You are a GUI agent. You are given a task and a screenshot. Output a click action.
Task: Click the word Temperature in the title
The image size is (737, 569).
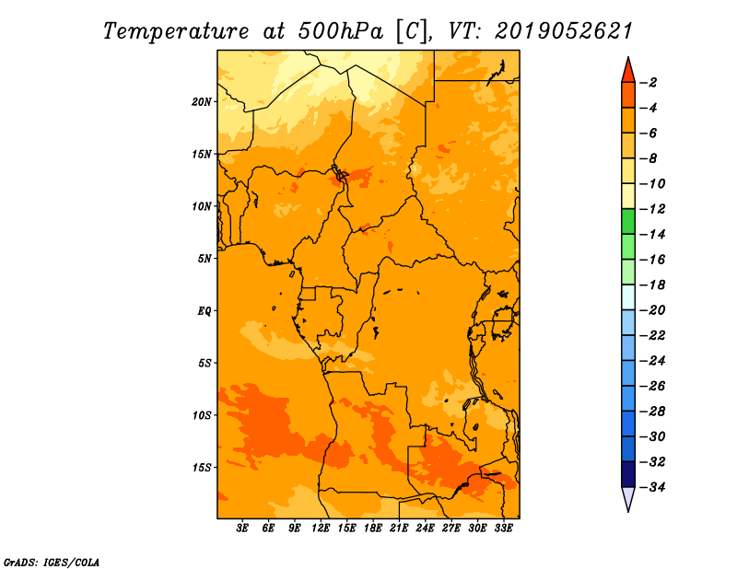[176, 31]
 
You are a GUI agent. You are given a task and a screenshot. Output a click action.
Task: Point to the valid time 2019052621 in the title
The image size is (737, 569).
[564, 31]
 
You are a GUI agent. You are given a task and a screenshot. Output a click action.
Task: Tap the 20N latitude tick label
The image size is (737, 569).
[202, 102]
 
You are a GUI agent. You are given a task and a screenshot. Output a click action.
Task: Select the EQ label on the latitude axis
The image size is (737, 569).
[205, 311]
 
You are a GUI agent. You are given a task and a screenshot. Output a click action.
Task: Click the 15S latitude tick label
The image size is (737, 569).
[202, 468]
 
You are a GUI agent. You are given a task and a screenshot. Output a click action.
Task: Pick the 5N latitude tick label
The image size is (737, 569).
[205, 259]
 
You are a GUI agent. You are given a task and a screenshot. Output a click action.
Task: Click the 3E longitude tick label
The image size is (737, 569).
[242, 528]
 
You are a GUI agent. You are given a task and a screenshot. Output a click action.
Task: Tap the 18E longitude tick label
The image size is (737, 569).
[373, 528]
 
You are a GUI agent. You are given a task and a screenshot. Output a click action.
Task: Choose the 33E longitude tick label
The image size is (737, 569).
[503, 528]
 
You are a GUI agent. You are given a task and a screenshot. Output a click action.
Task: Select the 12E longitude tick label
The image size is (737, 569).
[321, 528]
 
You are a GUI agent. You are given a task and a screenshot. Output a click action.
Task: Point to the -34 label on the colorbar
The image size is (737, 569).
[652, 487]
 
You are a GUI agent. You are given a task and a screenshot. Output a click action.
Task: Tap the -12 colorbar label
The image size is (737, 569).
[652, 209]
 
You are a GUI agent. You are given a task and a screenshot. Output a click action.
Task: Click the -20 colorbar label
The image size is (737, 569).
[652, 310]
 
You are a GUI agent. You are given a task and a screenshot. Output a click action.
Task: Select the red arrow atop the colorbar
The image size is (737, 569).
[628, 71]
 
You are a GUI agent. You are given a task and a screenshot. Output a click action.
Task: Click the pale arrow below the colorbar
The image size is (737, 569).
[628, 499]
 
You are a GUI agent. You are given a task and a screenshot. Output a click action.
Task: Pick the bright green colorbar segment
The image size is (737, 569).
[628, 222]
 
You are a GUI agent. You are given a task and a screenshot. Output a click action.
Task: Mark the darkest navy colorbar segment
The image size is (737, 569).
[628, 474]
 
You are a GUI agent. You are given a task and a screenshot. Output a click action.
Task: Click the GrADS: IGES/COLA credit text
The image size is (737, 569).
[52, 563]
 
